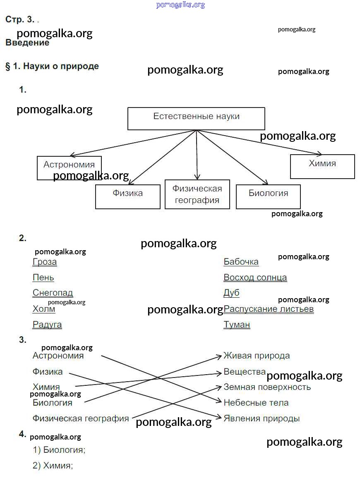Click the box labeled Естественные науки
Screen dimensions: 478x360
click(196, 118)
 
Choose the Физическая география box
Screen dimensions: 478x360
click(197, 194)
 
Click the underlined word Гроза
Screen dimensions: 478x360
click(45, 262)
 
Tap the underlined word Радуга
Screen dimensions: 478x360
click(47, 325)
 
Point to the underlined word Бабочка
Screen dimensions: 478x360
click(241, 262)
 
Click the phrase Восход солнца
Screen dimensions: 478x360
click(255, 277)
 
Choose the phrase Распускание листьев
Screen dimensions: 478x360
click(269, 309)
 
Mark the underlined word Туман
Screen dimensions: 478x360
click(237, 325)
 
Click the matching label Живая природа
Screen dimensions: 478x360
click(257, 356)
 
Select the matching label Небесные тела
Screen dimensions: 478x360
click(256, 402)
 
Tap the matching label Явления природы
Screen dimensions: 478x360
click(262, 418)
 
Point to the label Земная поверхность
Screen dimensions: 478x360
click(267, 387)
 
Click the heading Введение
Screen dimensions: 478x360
click(27, 43)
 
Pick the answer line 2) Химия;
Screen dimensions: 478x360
click(53, 466)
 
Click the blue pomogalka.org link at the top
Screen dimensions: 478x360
click(180, 5)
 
